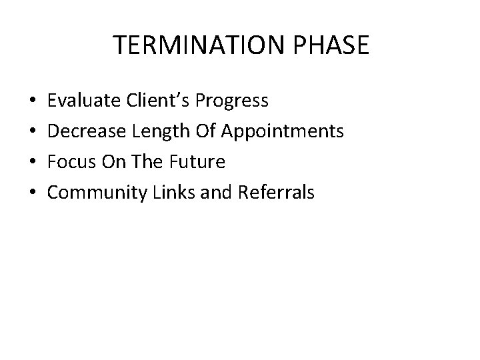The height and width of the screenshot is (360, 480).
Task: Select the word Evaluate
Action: [81, 101]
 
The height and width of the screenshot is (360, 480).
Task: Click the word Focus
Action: [67, 162]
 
